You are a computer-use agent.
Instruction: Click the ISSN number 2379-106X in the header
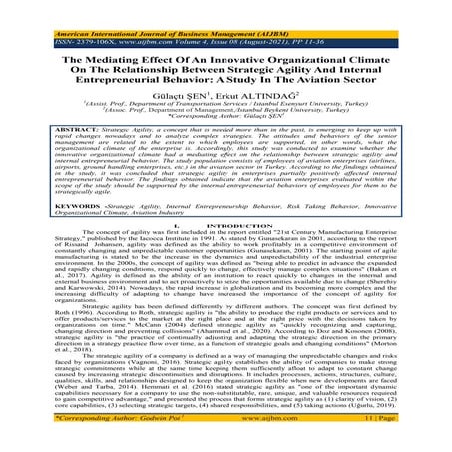(x=78, y=19)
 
